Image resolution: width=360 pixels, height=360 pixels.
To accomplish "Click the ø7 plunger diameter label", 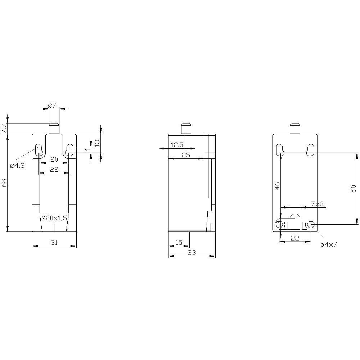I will click(52, 105).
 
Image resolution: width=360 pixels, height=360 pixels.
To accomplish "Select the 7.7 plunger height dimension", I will click(4, 128).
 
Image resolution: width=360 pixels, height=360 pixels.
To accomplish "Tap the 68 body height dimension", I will click(4, 183).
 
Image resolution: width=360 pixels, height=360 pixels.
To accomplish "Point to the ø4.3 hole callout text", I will click(17, 166).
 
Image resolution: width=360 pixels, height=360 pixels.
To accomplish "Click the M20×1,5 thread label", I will click(54, 218).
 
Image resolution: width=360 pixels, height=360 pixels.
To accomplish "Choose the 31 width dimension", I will click(54, 243).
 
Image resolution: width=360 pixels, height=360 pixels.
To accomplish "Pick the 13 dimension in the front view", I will click(97, 143).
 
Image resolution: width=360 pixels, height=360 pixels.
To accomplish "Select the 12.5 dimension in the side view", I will click(177, 145).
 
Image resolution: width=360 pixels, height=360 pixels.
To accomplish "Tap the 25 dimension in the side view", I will click(186, 155).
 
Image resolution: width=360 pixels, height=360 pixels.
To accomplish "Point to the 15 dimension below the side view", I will click(179, 243).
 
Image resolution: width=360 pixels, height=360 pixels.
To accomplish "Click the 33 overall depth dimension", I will click(192, 253).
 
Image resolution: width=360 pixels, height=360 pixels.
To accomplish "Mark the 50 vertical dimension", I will click(353, 188).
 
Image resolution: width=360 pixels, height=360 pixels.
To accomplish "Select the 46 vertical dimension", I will click(277, 186).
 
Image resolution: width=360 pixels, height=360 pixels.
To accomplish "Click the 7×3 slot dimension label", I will click(317, 204).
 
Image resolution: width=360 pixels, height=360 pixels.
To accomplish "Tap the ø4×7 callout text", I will click(328, 244).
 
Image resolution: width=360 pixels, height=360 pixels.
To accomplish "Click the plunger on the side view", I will click(186, 129).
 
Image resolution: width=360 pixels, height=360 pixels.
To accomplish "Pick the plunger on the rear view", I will click(295, 129).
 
